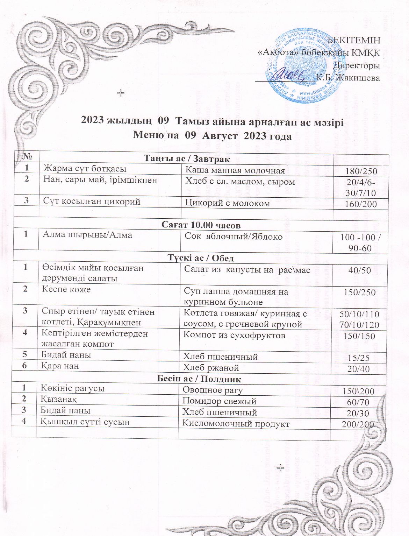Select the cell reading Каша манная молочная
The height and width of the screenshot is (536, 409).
coord(235,170)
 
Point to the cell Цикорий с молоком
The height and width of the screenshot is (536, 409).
coord(227,203)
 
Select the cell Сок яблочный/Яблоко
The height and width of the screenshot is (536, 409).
coord(234,237)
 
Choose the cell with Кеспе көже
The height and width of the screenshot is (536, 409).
coord(66,289)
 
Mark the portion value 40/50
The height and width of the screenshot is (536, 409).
coord(360,270)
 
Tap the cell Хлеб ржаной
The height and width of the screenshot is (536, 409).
coord(211,368)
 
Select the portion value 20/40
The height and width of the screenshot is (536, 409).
coord(359,368)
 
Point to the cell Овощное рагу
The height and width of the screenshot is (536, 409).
coord(213,390)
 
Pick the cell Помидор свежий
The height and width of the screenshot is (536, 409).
coord(220,401)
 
